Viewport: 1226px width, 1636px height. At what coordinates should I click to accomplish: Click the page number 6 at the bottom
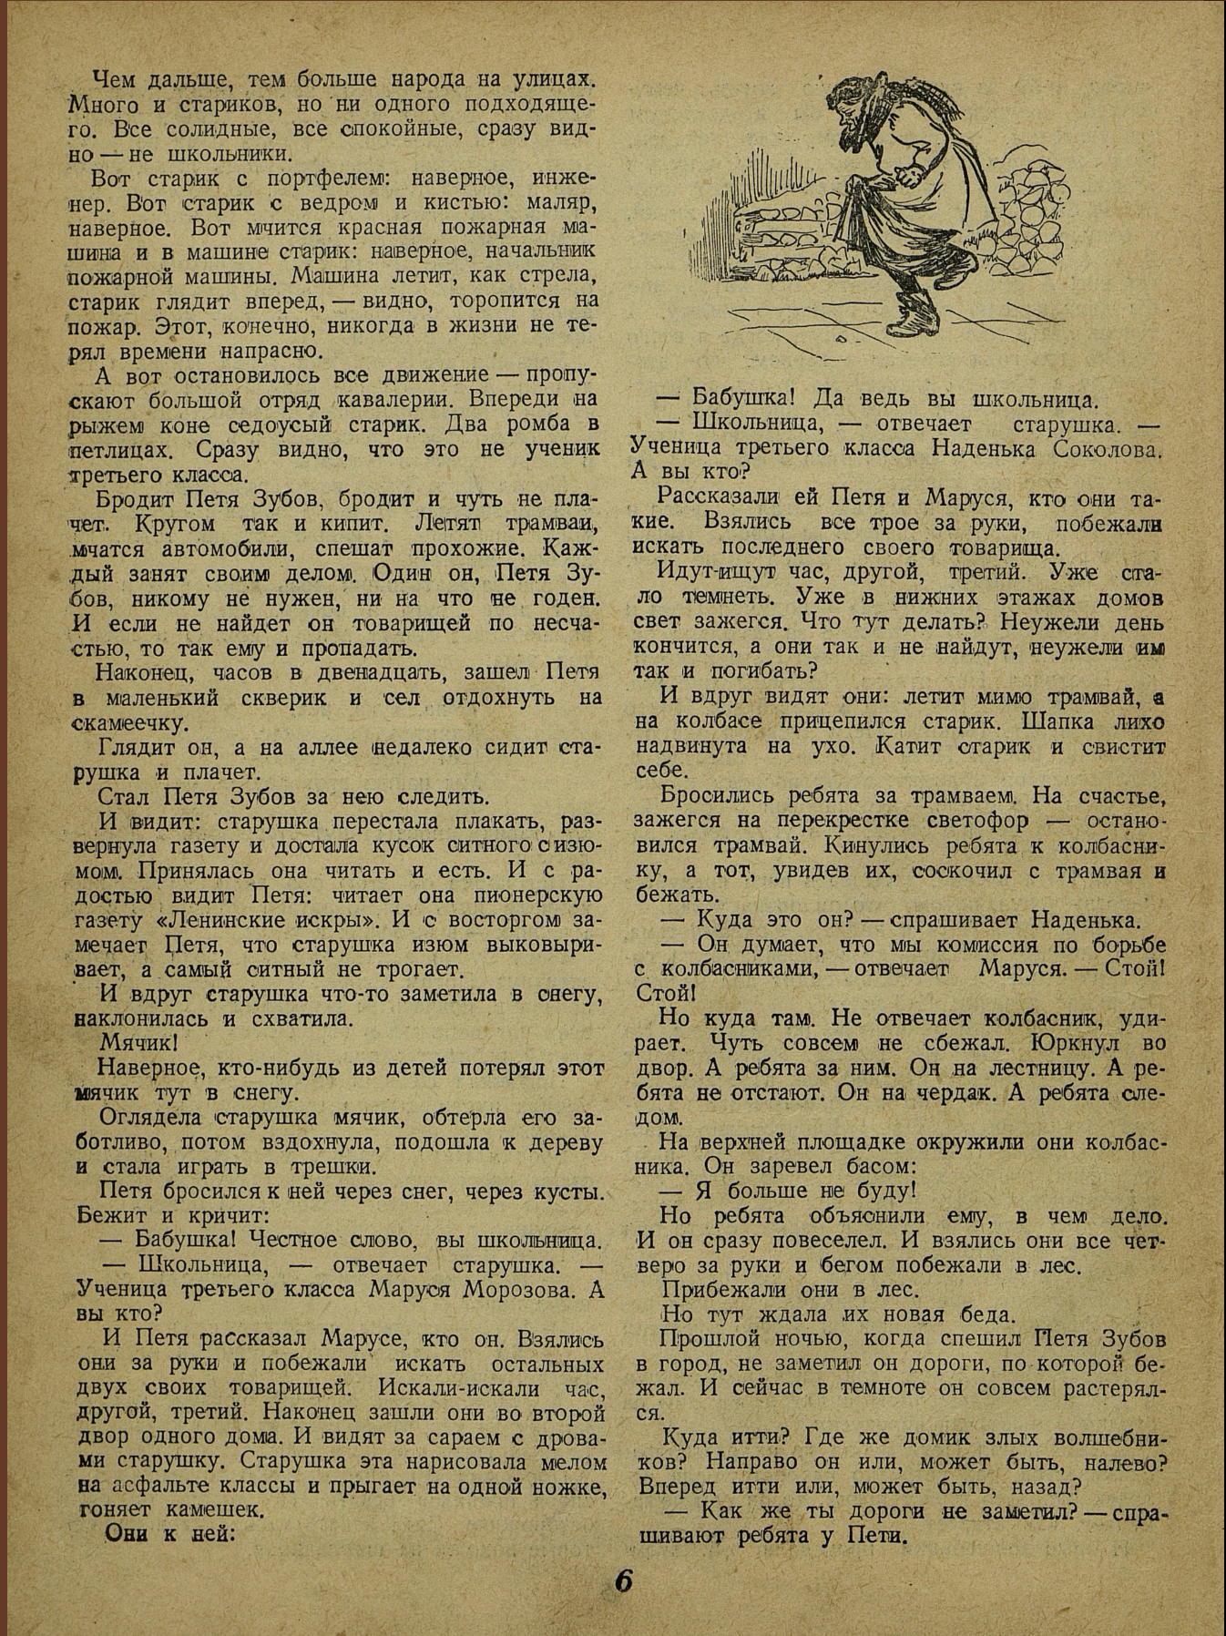pyautogui.click(x=624, y=1580)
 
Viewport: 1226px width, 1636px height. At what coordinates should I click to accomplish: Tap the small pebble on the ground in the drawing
pyautogui.click(x=839, y=339)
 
